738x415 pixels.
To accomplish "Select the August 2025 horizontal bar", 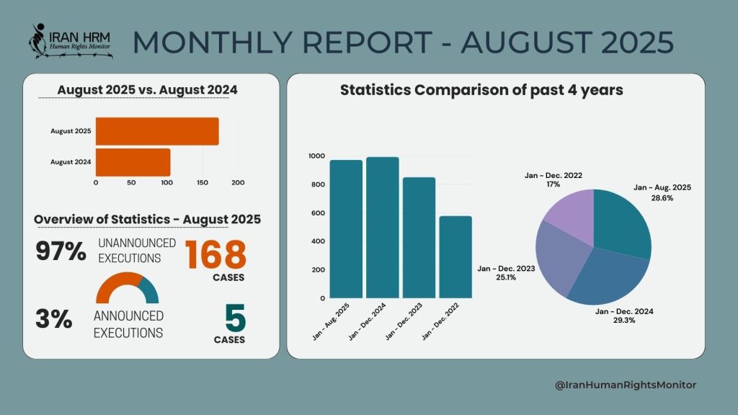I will (156, 131).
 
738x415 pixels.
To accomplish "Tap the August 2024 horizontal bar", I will (133, 162).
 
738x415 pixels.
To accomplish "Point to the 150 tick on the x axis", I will (202, 182).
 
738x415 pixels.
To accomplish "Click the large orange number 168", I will (215, 255).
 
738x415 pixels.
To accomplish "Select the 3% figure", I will (54, 319).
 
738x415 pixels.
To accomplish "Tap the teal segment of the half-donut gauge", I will (149, 287).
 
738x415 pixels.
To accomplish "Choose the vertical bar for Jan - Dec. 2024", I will (382, 227).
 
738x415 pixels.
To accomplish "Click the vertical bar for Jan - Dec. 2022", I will (455, 256).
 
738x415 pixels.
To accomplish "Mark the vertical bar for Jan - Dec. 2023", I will (419, 237).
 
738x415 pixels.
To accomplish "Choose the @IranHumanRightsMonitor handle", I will (626, 385).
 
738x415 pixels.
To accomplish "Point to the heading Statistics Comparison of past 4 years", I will (481, 91).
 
